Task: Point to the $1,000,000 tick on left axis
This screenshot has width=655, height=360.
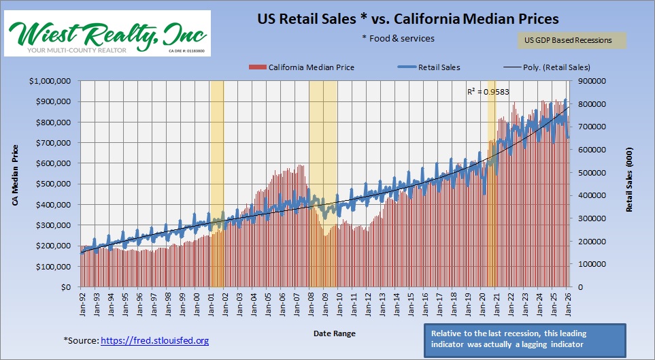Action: tap(53, 81)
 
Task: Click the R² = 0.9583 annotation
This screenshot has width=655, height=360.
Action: tap(488, 91)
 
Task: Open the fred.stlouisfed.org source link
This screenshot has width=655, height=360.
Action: tap(154, 340)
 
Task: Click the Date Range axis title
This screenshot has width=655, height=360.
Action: tap(334, 333)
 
